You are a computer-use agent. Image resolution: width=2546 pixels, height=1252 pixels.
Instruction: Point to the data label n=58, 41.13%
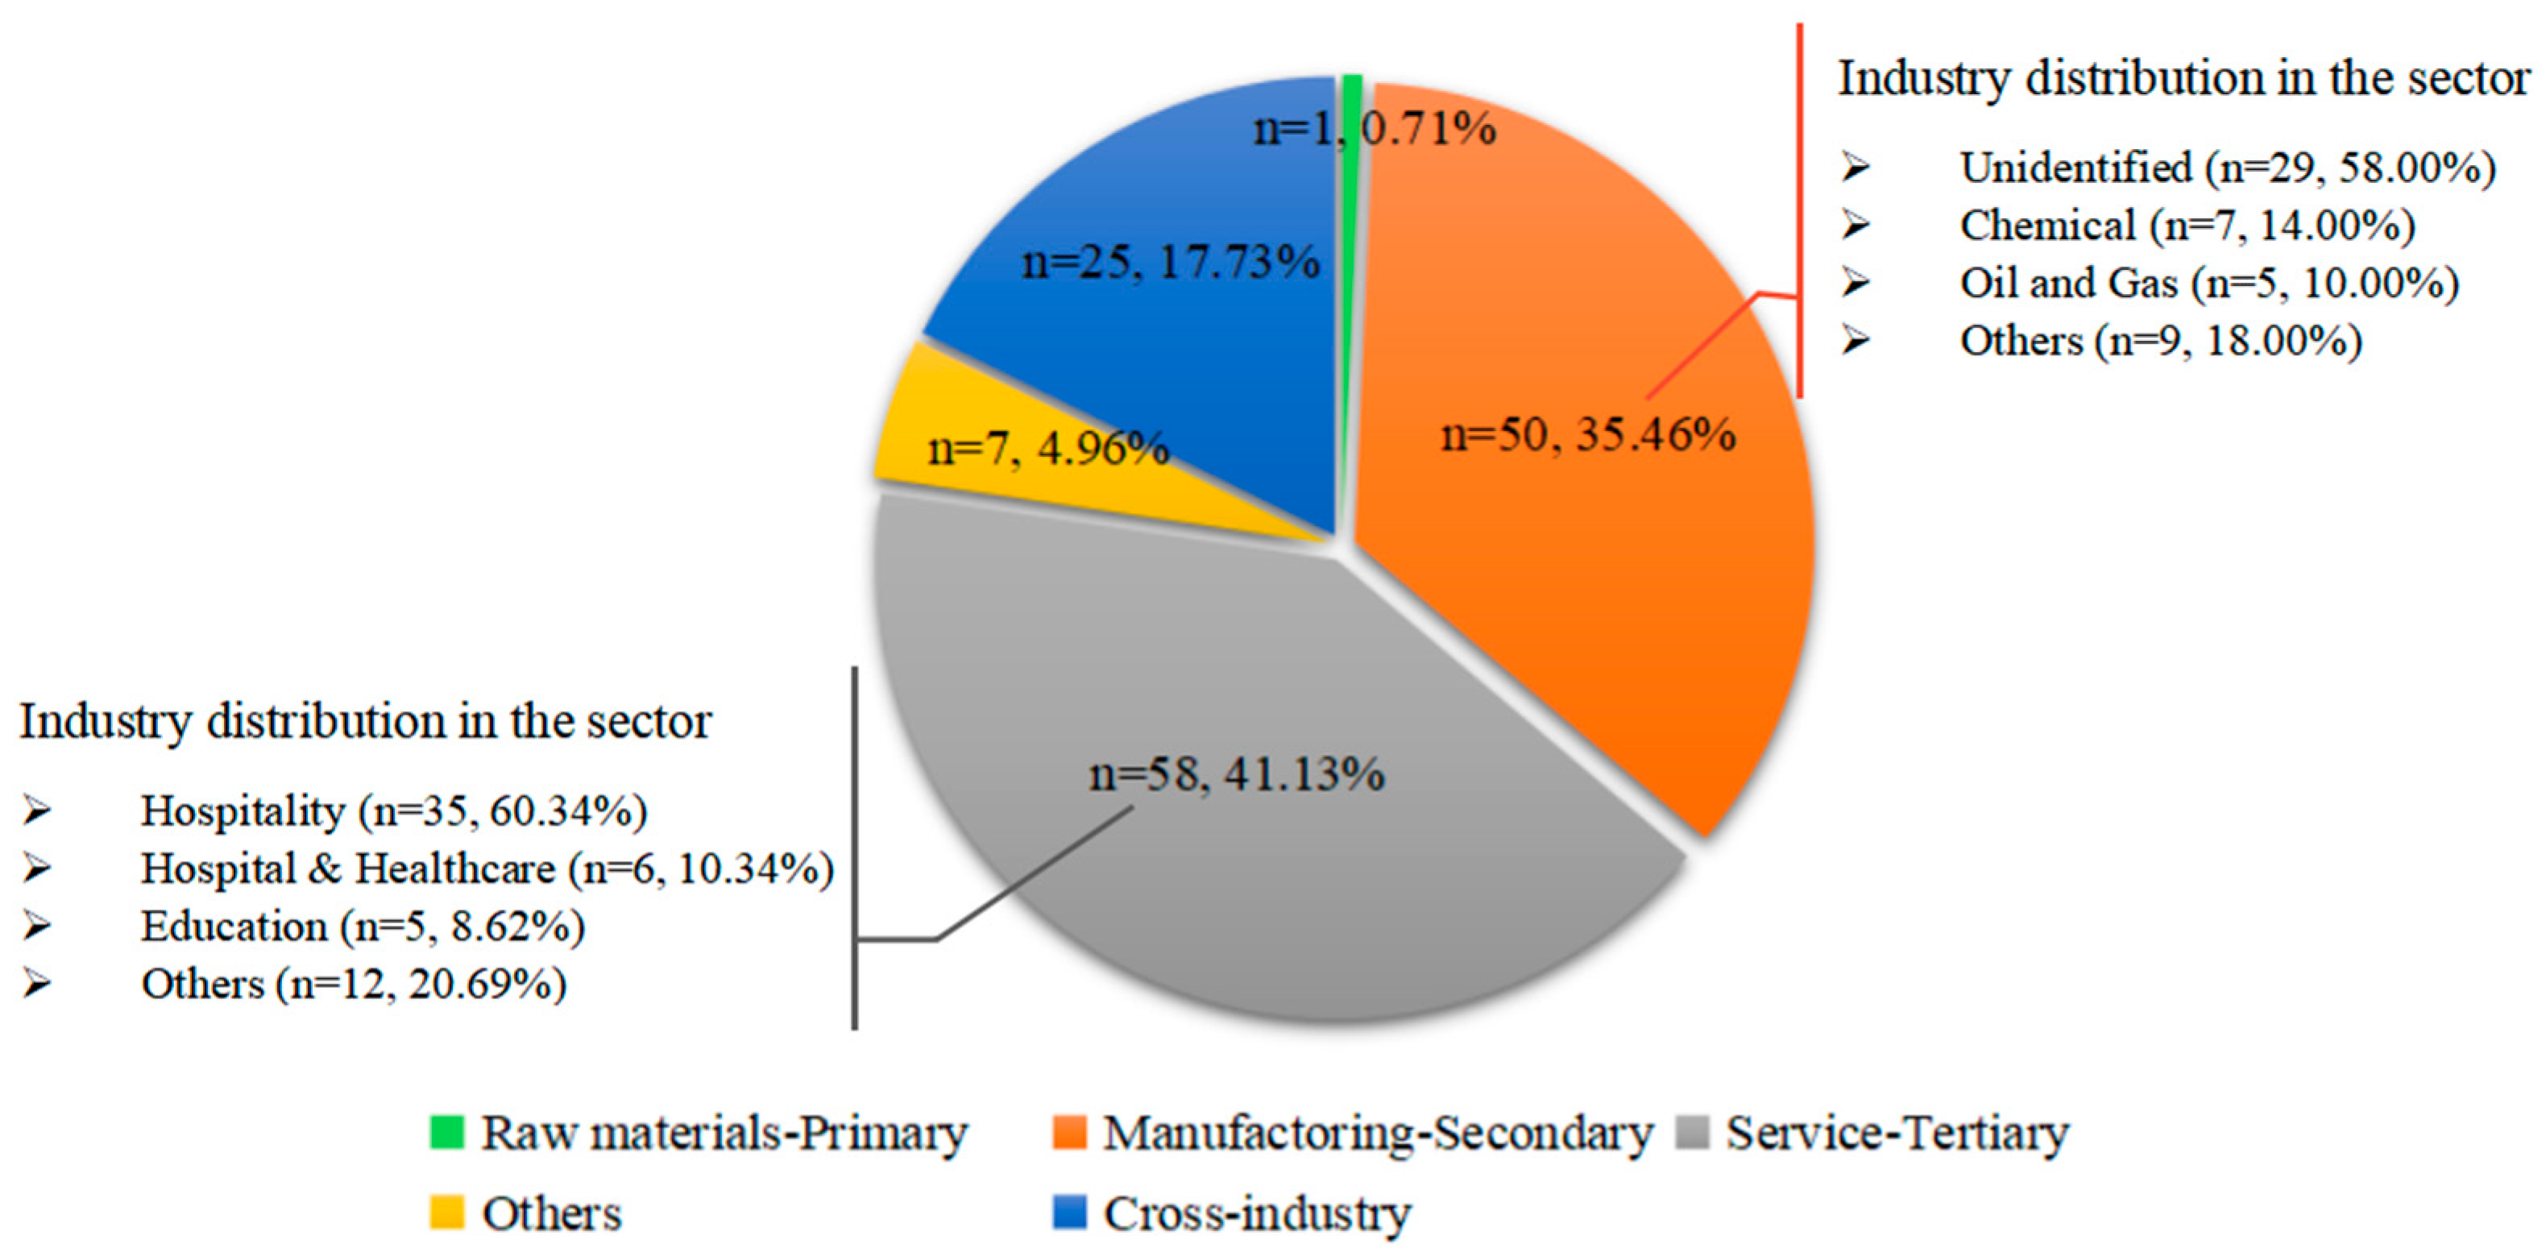pyautogui.click(x=1237, y=773)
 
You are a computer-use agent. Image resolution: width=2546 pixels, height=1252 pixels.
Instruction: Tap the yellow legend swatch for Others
pyautogui.click(x=446, y=1213)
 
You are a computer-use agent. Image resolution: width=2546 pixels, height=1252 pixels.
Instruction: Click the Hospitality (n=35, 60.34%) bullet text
pyautogui.click(x=393, y=811)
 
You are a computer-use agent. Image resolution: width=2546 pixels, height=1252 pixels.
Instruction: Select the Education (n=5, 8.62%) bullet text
pyautogui.click(x=363, y=927)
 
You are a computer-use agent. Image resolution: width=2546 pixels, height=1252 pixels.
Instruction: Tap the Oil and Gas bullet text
pyautogui.click(x=2209, y=284)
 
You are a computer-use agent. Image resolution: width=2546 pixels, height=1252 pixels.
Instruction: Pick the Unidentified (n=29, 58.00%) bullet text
pyautogui.click(x=2228, y=168)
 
